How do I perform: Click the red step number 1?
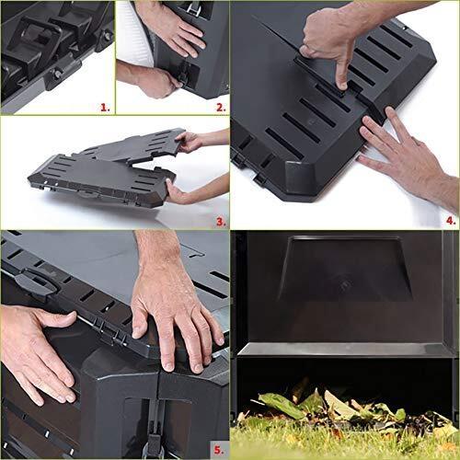[105, 107]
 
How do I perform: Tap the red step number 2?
[221, 107]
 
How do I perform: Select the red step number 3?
[221, 222]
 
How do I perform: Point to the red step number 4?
[451, 220]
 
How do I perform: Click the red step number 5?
[219, 450]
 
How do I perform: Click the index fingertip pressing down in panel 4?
[341, 86]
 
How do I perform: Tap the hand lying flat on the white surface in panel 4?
[405, 154]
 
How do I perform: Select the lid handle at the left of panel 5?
[35, 282]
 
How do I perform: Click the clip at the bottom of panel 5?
[154, 430]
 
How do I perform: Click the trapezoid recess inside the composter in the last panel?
[345, 269]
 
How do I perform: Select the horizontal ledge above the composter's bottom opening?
[345, 350]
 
